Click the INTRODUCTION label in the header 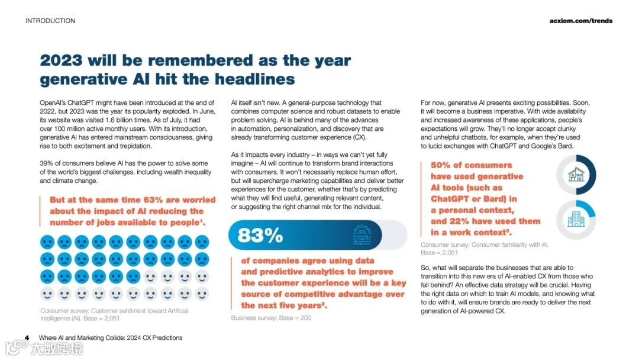point(50,21)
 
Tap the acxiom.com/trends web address point(581,21)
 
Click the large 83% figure point(260,235)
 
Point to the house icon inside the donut point(576,175)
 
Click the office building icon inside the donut point(576,219)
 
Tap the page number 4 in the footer point(27,338)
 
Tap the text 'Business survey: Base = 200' point(271,318)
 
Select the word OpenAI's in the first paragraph point(55,103)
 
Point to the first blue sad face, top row point(47,242)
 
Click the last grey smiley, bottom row point(202,294)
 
